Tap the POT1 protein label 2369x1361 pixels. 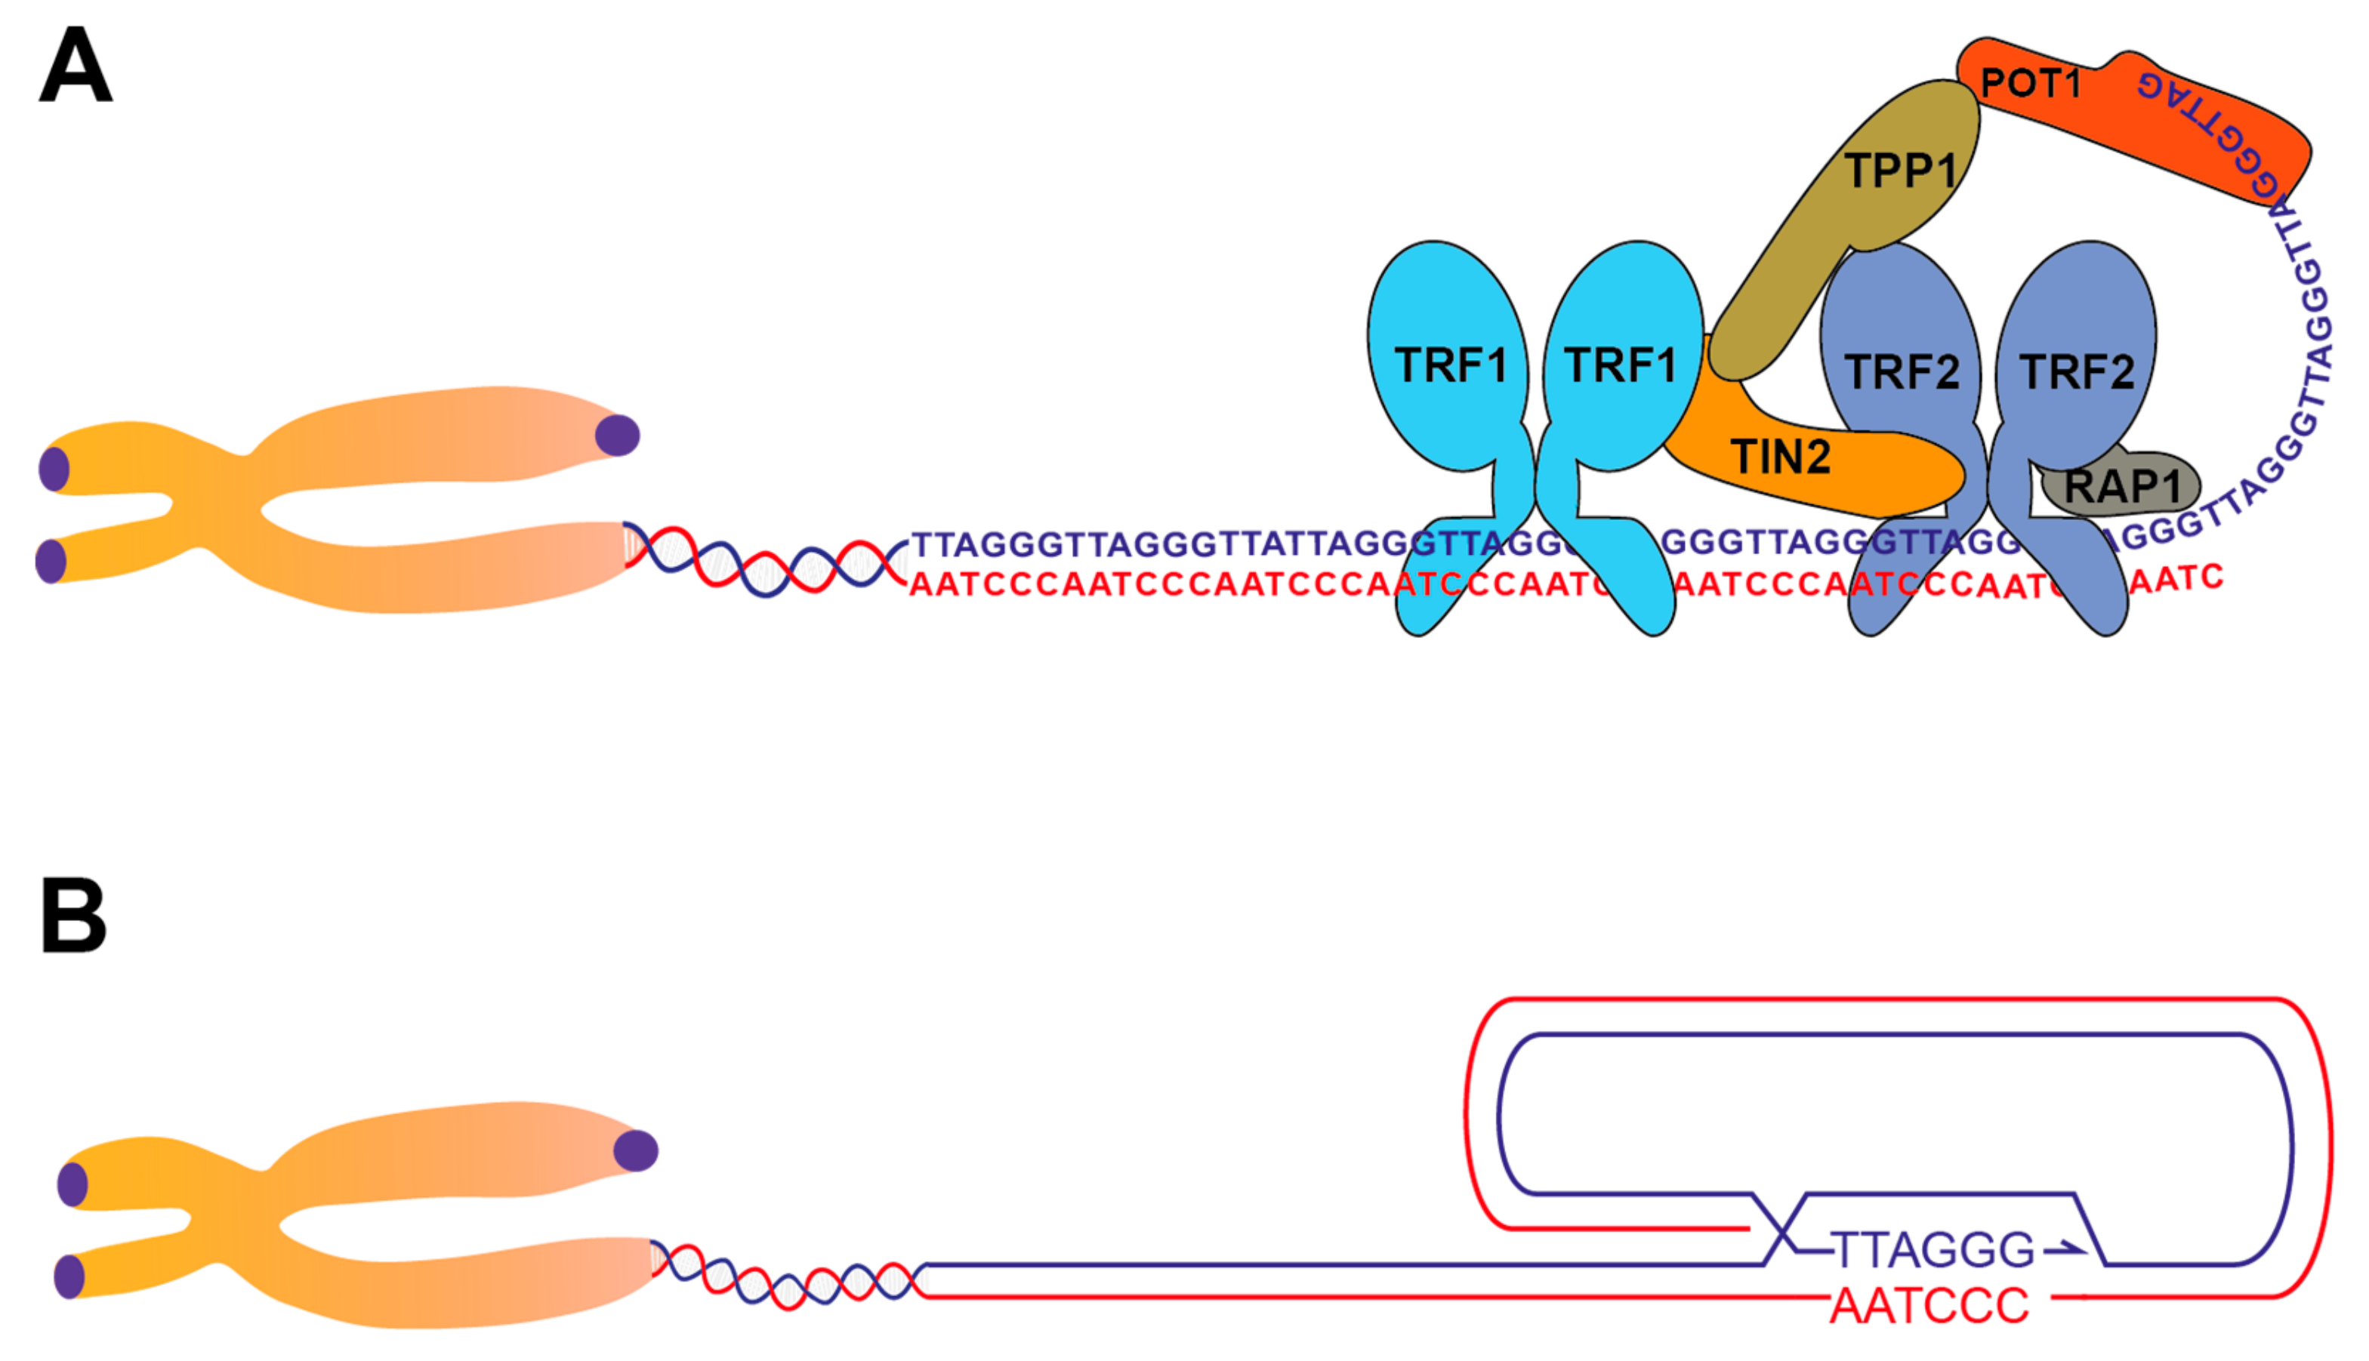click(x=2031, y=84)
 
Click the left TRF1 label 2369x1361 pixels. click(x=1450, y=365)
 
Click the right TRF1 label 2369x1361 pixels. click(x=1620, y=365)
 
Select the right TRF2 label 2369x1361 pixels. click(x=2077, y=371)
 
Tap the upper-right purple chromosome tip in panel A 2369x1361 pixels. click(x=617, y=436)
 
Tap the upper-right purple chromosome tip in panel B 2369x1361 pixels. click(x=636, y=1150)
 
